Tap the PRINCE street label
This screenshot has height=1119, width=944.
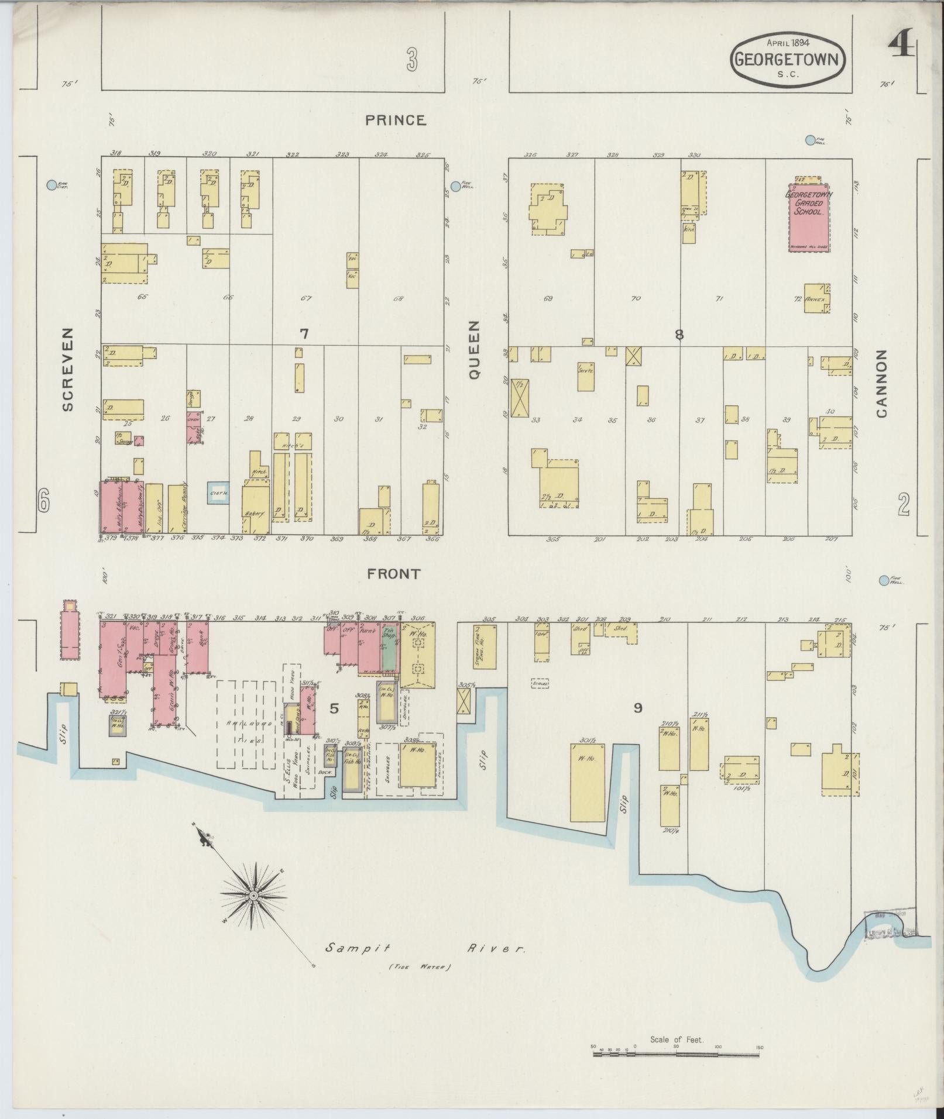[x=396, y=120]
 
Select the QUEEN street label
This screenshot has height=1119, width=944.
[x=474, y=349]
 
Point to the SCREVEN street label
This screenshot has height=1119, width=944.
[x=68, y=369]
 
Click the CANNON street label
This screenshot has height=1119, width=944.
[x=881, y=384]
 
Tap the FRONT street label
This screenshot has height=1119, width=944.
[x=394, y=574]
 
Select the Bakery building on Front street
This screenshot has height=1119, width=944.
[x=256, y=507]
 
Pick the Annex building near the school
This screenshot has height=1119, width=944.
[x=816, y=298]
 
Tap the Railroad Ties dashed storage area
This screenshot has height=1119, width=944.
[x=246, y=724]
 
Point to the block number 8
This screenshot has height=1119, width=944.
[x=679, y=335]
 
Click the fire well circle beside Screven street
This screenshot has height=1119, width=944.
[x=52, y=185]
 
